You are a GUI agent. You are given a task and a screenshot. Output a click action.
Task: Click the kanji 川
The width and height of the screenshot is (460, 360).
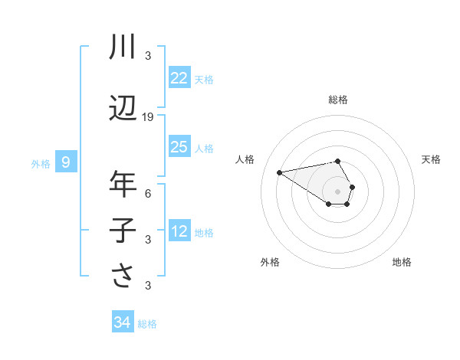(123, 47)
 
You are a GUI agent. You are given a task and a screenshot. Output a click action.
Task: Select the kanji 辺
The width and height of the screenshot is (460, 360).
(123, 108)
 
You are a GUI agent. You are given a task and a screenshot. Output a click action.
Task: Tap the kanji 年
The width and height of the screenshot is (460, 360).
(123, 185)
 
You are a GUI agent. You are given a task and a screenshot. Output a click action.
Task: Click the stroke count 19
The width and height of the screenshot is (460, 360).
(148, 117)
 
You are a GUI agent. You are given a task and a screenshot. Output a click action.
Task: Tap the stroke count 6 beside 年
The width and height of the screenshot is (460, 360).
(148, 194)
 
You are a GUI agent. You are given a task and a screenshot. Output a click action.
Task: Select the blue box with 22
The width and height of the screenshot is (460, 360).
(179, 78)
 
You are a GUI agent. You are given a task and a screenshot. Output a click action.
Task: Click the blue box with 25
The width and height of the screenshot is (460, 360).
(179, 147)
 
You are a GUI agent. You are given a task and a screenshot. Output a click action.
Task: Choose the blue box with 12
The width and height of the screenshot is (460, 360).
(179, 231)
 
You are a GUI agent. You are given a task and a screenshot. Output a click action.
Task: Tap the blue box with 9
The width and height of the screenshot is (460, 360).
(66, 162)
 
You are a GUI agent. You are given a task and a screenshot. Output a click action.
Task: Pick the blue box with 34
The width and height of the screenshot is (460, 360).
(122, 322)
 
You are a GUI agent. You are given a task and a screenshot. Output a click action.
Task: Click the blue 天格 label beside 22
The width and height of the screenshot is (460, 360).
(204, 79)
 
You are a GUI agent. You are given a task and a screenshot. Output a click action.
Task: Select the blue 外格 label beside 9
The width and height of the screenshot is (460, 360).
(41, 163)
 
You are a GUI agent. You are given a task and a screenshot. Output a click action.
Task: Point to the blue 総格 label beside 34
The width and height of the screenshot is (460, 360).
(147, 324)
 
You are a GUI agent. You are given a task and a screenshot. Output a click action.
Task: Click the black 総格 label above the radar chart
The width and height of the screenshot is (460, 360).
(338, 100)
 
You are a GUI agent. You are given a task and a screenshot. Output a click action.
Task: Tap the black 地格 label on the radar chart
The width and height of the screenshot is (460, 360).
(402, 262)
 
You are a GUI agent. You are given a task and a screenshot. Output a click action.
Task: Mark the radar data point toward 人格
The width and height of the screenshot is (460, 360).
(280, 172)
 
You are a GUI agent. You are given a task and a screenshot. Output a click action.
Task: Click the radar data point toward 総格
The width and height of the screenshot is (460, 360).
(338, 161)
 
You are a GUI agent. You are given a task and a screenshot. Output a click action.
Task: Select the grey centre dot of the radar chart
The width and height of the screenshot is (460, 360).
(338, 191)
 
